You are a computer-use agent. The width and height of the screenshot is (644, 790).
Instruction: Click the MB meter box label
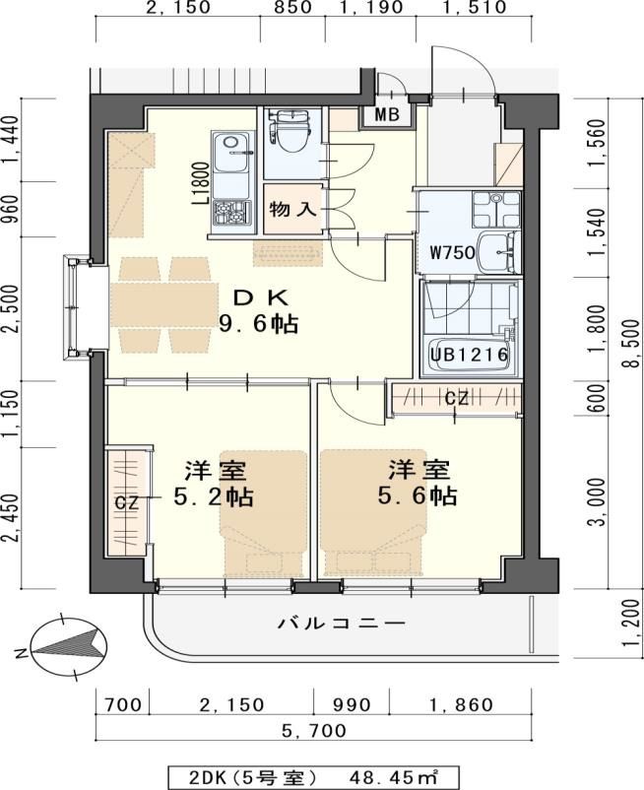pos(387,114)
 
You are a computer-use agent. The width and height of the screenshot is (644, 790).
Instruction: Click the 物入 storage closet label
pos(293,209)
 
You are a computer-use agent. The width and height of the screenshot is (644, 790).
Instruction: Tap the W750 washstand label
pos(452,251)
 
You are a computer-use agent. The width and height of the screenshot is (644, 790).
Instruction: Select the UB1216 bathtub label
pos(469,355)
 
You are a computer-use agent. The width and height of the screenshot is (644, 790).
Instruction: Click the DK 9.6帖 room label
pos(258,311)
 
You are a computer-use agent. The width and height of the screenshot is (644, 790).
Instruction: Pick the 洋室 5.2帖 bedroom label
pos(214,484)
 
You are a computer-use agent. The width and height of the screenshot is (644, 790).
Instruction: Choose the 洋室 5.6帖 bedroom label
pos(418,482)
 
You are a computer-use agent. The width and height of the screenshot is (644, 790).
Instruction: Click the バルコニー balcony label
pos(342,624)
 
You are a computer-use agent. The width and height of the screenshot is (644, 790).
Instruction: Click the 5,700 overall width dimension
pos(314,731)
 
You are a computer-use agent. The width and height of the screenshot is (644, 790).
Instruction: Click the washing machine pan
pos(496,210)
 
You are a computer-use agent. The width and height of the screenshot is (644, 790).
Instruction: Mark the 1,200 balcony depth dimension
pos(631,624)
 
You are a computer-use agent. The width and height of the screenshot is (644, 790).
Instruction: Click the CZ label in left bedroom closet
pos(126,502)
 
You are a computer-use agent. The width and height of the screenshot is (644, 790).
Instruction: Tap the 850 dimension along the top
pos(292,7)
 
